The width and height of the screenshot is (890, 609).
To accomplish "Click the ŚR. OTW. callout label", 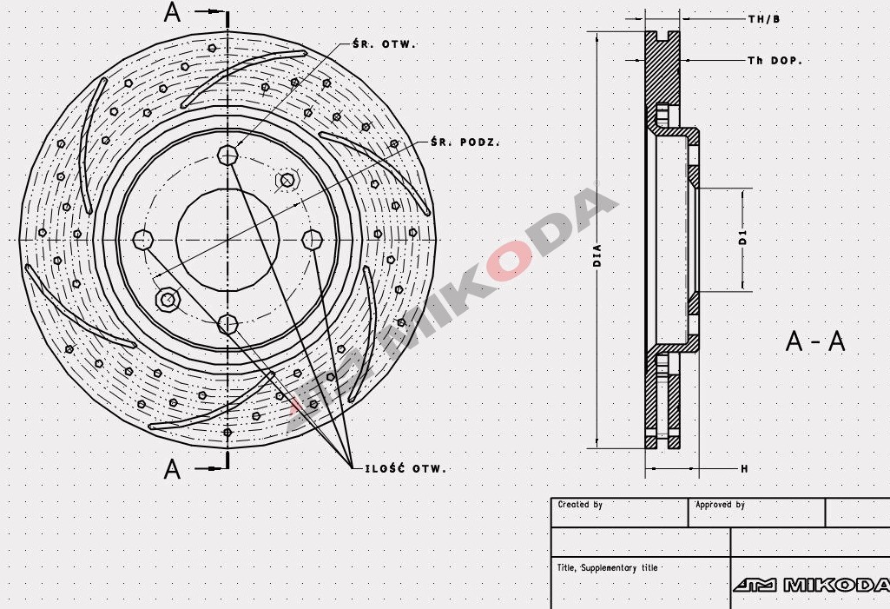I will (386, 43).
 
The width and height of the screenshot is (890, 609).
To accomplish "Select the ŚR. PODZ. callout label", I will (465, 142).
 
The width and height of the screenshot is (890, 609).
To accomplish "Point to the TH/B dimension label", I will (764, 17).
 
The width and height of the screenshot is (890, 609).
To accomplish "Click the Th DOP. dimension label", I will (775, 61).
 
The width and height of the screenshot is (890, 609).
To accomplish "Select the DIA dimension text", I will (597, 253).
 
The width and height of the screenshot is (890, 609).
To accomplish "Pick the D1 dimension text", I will (743, 238).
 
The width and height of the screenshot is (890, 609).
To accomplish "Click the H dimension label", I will (744, 469).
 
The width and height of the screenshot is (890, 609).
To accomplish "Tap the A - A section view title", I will (814, 341).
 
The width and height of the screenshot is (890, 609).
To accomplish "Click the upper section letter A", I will (173, 12).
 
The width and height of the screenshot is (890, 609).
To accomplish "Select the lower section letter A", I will (173, 469).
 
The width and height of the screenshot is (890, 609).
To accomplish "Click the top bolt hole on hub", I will (227, 156).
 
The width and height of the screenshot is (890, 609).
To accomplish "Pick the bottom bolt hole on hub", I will (227, 324).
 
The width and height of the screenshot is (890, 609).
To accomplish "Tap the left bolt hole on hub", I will (143, 239).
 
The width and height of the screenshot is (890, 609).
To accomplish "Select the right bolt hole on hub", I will (312, 239).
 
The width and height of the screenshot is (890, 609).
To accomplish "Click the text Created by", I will (580, 505).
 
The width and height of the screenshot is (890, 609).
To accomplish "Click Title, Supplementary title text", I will (607, 568).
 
